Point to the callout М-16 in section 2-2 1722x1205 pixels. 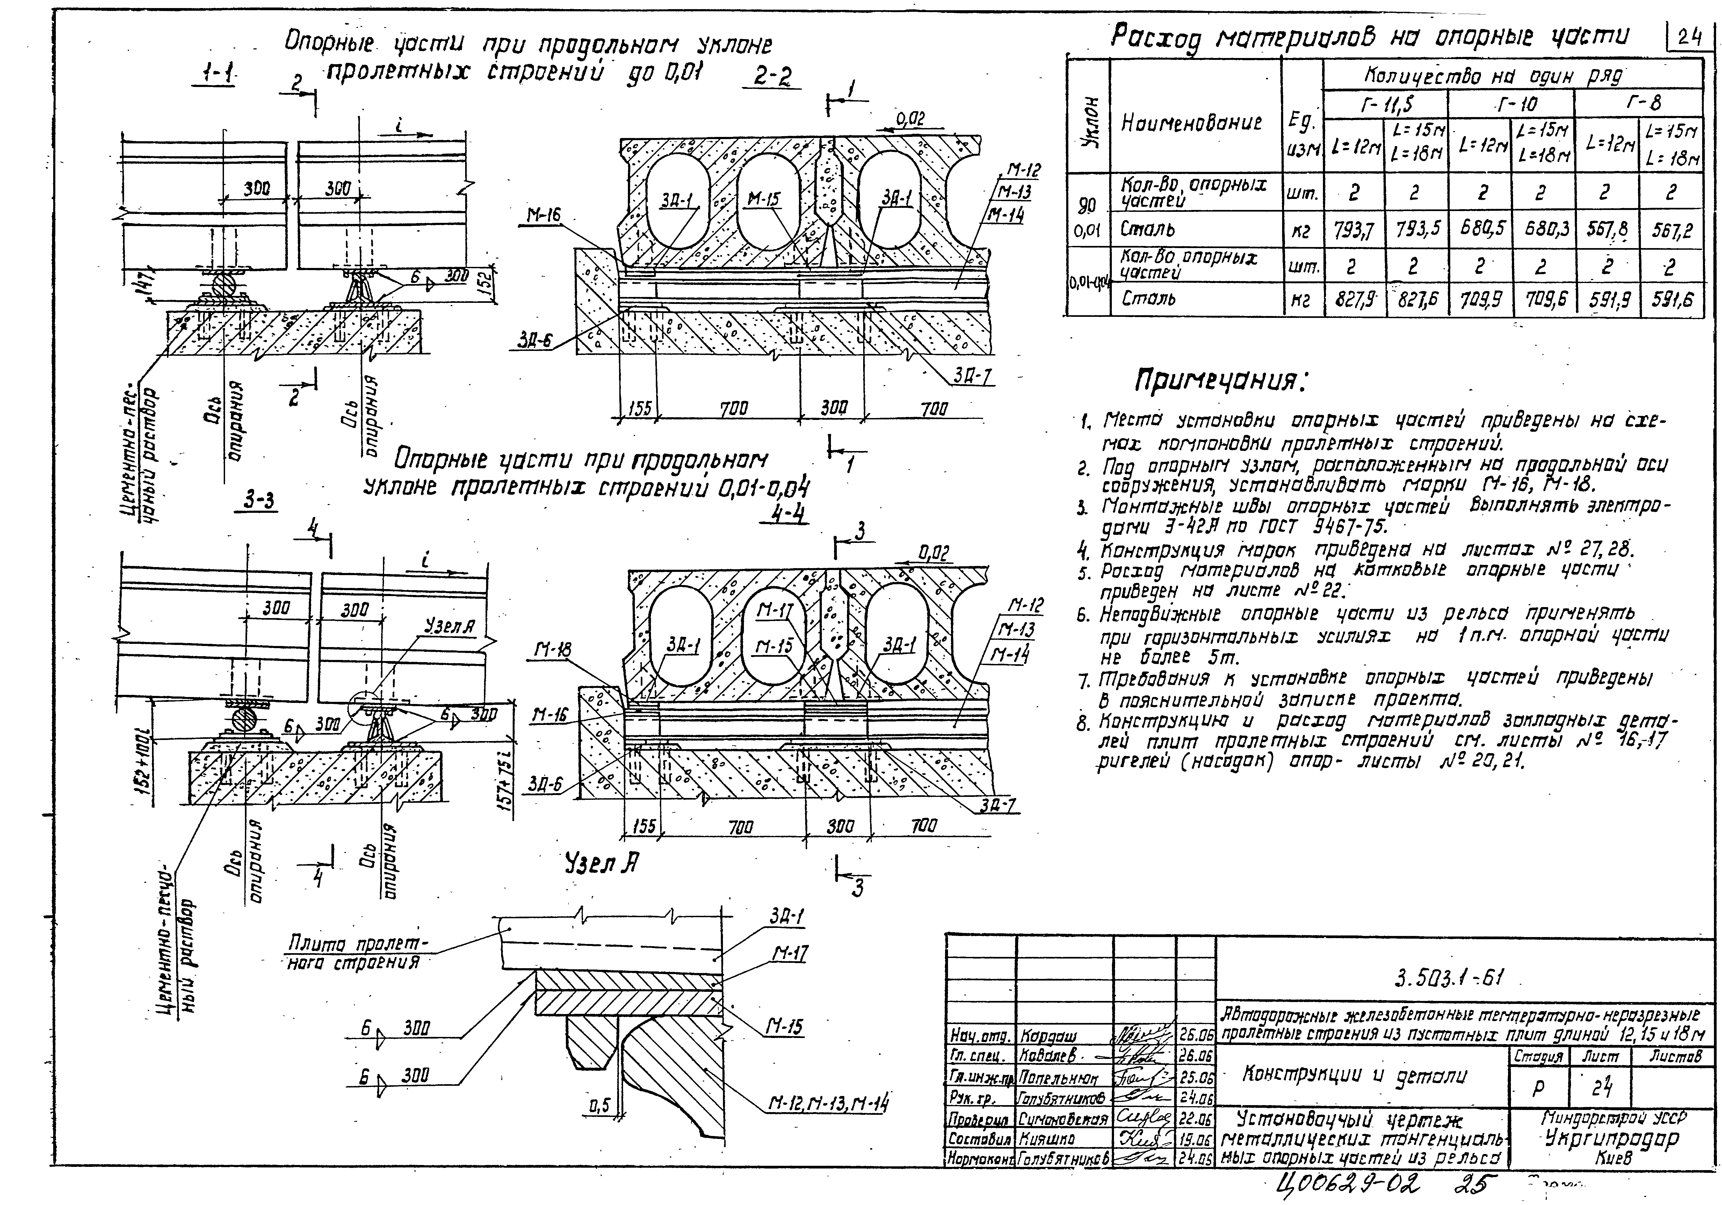(x=543, y=215)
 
